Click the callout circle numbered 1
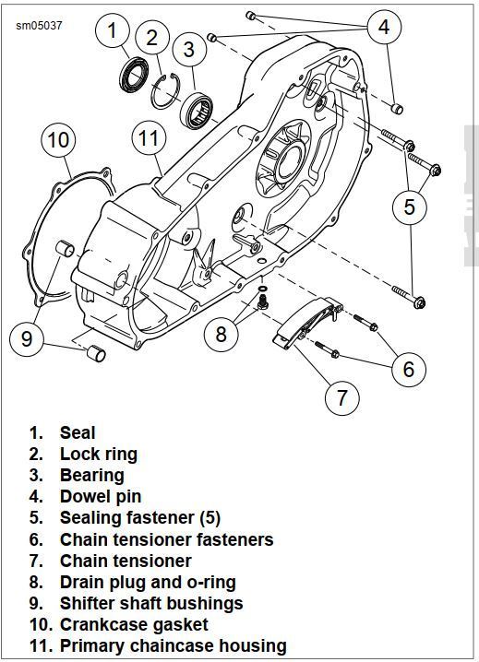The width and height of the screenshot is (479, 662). (112, 30)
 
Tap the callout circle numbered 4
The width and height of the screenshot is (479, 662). (383, 27)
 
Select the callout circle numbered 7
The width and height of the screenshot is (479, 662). (341, 396)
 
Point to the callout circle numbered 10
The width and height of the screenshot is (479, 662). (58, 140)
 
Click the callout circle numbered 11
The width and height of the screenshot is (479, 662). (149, 138)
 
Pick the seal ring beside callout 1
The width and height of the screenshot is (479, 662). (133, 75)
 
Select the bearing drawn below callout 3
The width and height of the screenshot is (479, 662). (197, 111)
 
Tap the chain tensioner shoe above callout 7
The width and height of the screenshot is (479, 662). (307, 321)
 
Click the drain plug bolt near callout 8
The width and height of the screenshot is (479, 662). (262, 302)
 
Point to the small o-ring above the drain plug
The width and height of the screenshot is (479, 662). (262, 289)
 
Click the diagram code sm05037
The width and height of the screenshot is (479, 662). (39, 26)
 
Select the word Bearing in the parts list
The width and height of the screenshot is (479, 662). (91, 475)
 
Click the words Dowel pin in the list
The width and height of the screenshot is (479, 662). (101, 496)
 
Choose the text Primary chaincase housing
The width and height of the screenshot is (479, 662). (173, 646)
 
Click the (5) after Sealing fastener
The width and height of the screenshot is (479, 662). (210, 518)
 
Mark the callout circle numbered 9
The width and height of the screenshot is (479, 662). (27, 338)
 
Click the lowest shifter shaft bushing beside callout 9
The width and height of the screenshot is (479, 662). (96, 353)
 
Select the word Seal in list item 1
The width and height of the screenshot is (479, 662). (78, 432)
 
